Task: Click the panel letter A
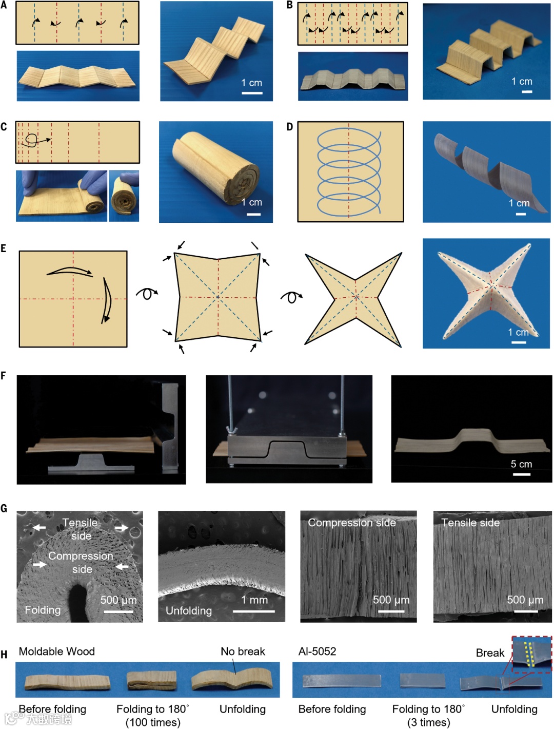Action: point(4,5)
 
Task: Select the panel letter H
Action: point(4,655)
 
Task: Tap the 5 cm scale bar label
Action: point(521,464)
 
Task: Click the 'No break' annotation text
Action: point(243,651)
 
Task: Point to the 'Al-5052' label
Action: point(317,651)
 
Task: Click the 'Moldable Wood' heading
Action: point(57,651)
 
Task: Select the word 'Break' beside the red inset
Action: point(490,653)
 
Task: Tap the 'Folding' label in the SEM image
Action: point(43,610)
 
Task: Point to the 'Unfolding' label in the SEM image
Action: point(188,611)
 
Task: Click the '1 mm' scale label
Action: point(254,600)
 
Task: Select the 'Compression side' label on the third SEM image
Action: point(352,523)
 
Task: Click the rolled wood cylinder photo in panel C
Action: point(216,167)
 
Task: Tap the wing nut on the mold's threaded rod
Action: point(230,431)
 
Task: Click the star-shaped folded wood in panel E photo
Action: point(488,292)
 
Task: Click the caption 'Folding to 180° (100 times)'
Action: point(153,715)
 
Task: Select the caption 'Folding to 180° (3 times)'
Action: point(429,715)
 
